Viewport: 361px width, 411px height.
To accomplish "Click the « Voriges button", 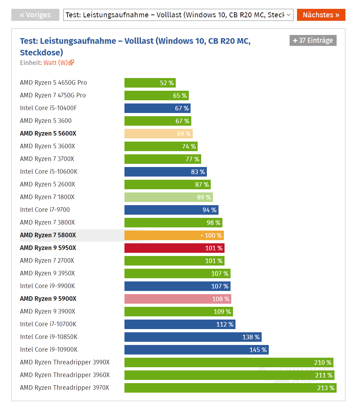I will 35,15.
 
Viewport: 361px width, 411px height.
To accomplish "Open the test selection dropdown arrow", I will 289,15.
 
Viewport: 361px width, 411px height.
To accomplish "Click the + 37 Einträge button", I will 313,41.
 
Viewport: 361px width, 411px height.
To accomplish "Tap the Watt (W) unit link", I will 58,63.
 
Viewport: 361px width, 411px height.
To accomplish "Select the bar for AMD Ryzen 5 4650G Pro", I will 150,83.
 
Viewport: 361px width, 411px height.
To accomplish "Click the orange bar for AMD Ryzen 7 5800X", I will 174,236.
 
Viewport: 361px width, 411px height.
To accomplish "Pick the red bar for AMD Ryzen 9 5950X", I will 174,248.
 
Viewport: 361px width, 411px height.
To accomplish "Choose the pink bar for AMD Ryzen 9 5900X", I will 177,299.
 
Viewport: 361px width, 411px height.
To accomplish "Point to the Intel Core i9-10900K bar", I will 196,350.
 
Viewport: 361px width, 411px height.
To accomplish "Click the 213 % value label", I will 326,388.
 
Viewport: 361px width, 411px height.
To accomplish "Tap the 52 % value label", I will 167,83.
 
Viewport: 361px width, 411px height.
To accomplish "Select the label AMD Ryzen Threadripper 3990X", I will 65,362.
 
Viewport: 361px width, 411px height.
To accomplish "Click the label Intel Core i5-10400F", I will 48,108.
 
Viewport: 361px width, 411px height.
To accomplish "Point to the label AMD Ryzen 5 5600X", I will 48,133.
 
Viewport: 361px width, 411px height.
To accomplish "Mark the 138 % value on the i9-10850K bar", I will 251,337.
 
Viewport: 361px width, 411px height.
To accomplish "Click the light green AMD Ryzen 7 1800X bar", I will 168,197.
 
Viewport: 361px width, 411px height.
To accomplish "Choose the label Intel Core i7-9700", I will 45,210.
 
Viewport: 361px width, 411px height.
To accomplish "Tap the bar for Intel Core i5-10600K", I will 165,172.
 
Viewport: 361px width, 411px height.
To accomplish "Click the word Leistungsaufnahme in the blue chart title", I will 78,41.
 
